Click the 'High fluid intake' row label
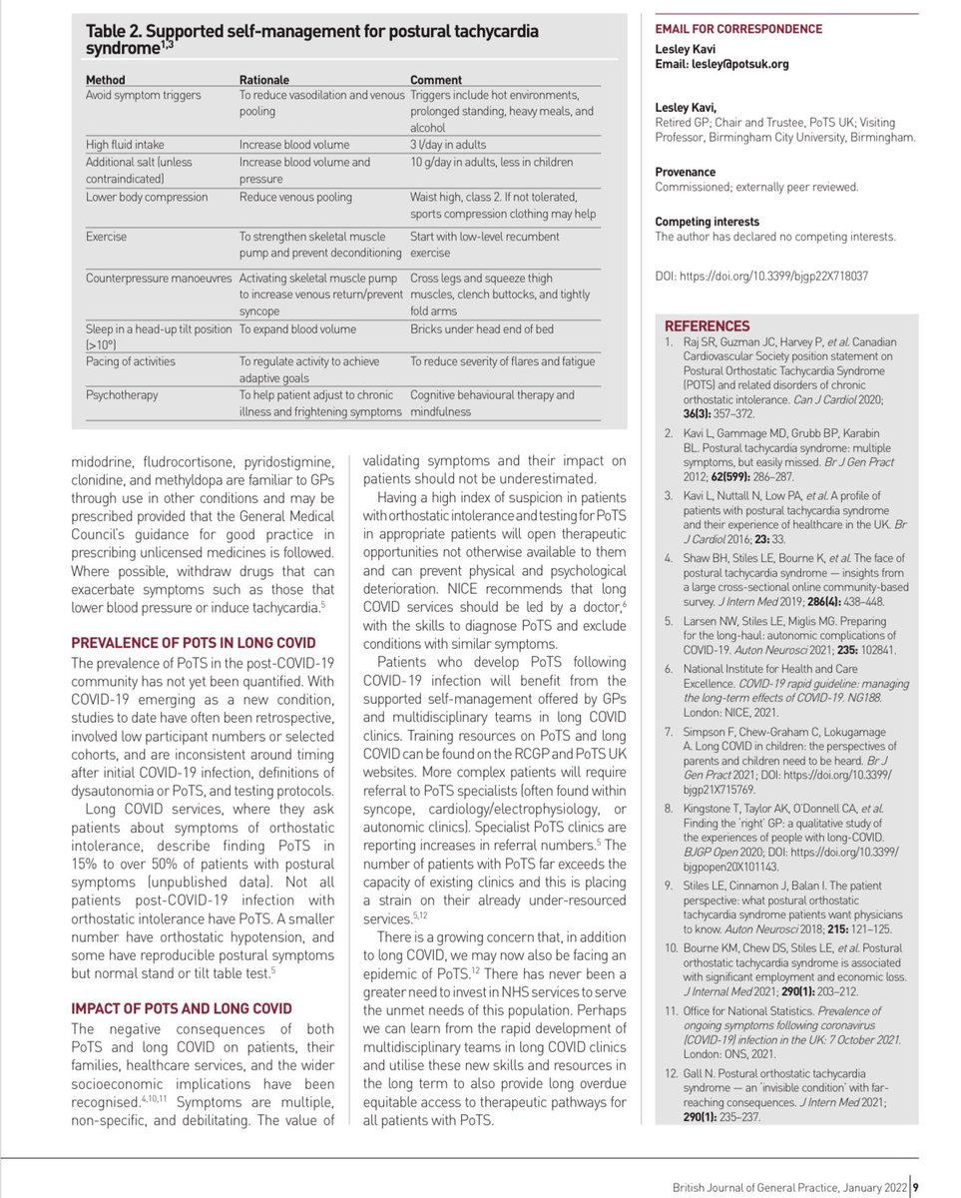click(126, 144)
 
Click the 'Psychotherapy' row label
click(121, 394)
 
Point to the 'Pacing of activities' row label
click(131, 360)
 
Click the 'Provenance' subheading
click(685, 172)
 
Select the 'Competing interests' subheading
click(707, 222)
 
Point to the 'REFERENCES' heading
click(707, 325)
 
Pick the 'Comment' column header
click(436, 79)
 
